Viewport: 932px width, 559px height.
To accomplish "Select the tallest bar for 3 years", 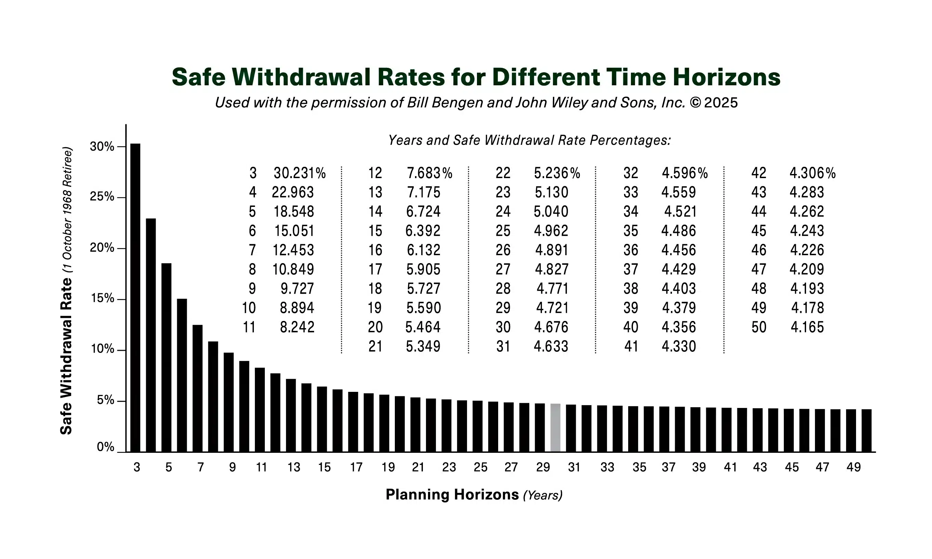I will click(135, 298).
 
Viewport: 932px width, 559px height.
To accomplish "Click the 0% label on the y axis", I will click(105, 447).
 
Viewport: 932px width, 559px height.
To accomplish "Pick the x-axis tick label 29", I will click(543, 468).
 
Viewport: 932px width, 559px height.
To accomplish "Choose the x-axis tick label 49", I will click(853, 468).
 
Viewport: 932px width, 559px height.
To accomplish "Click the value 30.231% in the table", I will click(299, 173).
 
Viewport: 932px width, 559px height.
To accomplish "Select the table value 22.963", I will click(293, 192).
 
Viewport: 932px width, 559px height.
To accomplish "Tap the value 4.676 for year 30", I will click(551, 327).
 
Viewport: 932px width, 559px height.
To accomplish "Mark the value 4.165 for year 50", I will click(807, 327).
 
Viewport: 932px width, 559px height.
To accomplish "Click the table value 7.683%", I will click(429, 173).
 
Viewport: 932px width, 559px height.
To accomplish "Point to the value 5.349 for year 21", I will click(423, 346).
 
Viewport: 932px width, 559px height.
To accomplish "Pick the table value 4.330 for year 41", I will click(679, 346).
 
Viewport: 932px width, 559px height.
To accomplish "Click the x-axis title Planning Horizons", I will click(452, 495).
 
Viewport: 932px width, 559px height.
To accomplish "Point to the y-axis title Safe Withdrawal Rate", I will click(66, 356).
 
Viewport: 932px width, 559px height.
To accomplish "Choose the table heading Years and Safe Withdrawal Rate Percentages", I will click(529, 140).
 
